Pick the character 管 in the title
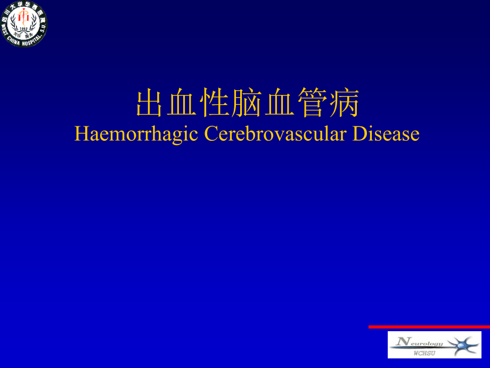pos(312,103)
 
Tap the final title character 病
pos(344,103)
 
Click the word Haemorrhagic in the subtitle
pos(137,134)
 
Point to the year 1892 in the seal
pos(23,29)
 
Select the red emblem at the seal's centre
pos(23,19)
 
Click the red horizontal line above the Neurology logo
pos(429,326)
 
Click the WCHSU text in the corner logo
pos(424,353)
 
